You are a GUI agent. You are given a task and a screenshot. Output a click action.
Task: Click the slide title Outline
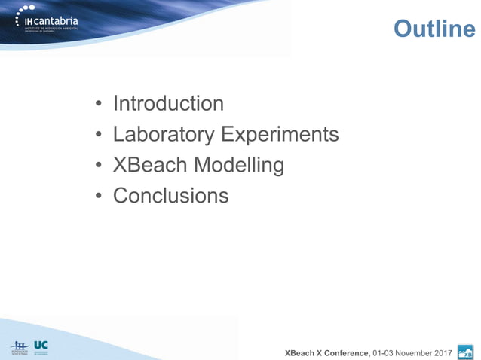click(x=434, y=29)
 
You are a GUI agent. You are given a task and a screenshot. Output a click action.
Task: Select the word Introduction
click(x=168, y=103)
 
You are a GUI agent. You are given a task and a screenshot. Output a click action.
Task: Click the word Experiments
click(x=279, y=134)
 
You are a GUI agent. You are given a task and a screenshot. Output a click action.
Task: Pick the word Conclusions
click(x=170, y=196)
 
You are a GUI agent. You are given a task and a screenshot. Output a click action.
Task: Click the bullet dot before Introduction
click(x=98, y=105)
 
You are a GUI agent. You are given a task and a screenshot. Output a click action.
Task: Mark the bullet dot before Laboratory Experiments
click(x=98, y=136)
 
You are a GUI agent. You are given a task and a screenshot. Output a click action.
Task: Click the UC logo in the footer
click(x=41, y=346)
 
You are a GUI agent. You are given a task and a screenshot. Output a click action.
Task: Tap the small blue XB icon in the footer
click(x=465, y=351)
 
